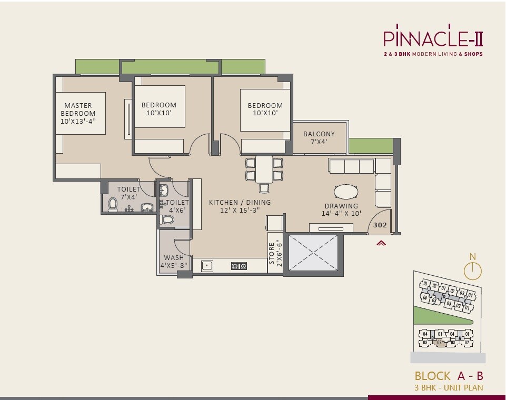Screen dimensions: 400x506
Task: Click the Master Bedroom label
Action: [78, 113]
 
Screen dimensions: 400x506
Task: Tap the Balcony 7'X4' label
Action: [319, 138]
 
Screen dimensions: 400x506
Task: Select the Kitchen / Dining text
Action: [240, 206]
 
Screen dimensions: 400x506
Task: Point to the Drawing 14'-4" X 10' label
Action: [341, 209]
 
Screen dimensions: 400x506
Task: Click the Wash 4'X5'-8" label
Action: [174, 262]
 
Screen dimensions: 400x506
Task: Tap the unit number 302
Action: [380, 225]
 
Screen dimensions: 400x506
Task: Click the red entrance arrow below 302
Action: [381, 243]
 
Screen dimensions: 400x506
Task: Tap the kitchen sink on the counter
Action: [207, 266]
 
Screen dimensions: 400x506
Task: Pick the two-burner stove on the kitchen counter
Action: [239, 266]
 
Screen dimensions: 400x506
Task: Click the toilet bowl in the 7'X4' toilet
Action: [112, 204]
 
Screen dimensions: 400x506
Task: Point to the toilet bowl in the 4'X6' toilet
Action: [167, 219]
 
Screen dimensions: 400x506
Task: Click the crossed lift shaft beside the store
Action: [313, 254]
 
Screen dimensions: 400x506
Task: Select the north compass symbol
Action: [472, 270]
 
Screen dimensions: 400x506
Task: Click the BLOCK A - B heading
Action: [449, 376]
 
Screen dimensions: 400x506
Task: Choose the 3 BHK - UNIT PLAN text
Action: [449, 388]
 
